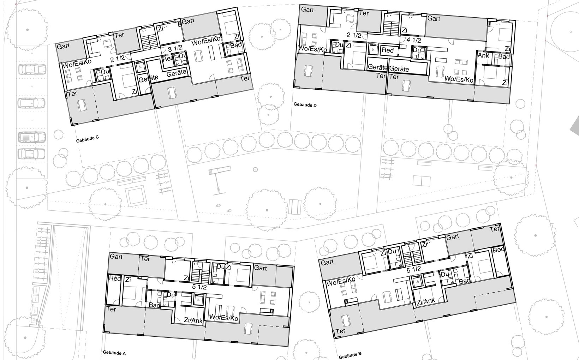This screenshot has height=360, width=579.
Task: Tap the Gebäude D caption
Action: (x=305, y=105)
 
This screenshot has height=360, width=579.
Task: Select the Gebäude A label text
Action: (x=114, y=353)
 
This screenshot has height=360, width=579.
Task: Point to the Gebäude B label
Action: (x=350, y=355)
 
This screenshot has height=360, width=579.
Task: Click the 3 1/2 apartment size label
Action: (x=175, y=49)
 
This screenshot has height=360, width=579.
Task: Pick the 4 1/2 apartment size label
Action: (x=413, y=40)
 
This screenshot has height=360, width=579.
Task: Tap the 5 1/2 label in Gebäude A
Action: (x=199, y=287)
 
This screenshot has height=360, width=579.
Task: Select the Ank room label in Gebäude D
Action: (x=483, y=55)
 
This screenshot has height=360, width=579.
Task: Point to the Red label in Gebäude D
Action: (x=387, y=50)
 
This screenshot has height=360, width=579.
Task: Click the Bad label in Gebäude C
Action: (x=236, y=45)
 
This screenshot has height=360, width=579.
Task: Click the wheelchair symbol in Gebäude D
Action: (x=372, y=49)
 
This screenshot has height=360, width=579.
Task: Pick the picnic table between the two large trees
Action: (x=295, y=206)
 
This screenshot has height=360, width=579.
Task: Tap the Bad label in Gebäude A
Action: (x=154, y=305)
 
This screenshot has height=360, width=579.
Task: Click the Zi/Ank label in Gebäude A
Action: (x=193, y=320)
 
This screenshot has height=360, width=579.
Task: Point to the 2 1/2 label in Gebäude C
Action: (x=117, y=59)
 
